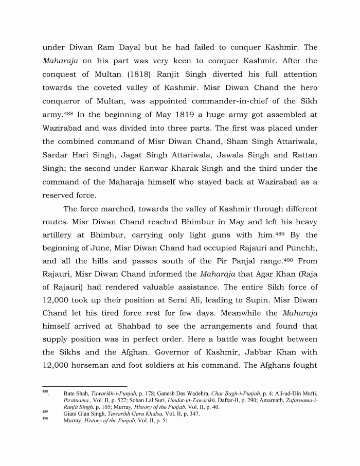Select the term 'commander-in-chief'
coord(212,101)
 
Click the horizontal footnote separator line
coord(84,386)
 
